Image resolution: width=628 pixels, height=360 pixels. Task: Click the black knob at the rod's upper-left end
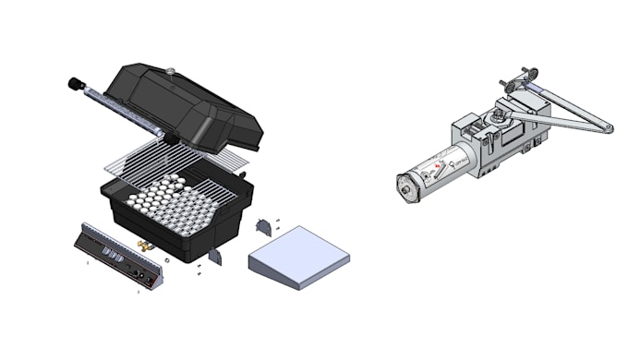(72, 84)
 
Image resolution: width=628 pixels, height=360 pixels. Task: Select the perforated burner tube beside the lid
(120, 109)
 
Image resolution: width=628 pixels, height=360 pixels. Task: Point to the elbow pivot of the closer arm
(606, 126)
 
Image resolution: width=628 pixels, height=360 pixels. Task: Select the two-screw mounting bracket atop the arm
(526, 74)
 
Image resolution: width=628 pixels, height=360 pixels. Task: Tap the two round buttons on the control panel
(140, 274)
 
